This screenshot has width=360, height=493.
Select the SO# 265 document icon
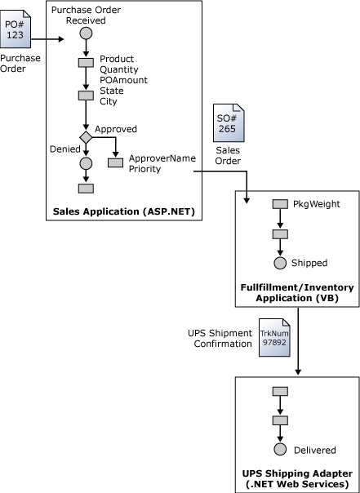tap(227, 123)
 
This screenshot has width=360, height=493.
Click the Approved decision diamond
tap(85, 137)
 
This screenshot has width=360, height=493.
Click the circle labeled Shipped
tap(280, 263)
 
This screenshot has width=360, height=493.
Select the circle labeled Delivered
tap(280, 450)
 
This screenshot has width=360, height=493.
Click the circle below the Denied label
tap(85, 163)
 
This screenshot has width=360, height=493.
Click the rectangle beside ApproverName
tap(115, 162)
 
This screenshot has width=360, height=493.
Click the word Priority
tap(145, 169)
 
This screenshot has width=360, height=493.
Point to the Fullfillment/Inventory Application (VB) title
tap(296, 293)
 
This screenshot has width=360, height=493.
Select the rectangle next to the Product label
tap(85, 62)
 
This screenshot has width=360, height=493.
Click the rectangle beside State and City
tap(85, 95)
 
